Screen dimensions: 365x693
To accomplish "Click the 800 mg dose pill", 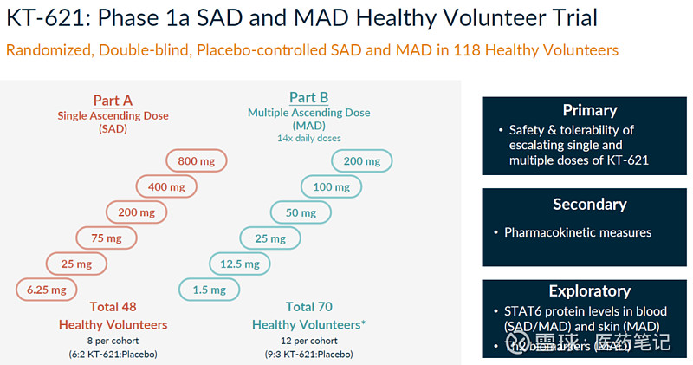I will pyautogui.click(x=197, y=161).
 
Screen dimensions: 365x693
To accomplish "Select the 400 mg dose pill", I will pyautogui.click(x=166, y=186).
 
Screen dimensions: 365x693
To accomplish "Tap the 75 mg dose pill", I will pyautogui.click(x=107, y=238).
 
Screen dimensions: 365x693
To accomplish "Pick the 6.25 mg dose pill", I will pyautogui.click(x=47, y=290).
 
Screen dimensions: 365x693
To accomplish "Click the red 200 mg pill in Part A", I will pyautogui.click(x=136, y=212).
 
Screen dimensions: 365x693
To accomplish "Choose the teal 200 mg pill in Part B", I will pyautogui.click(x=361, y=161).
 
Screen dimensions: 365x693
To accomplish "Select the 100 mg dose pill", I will pyautogui.click(x=331, y=186).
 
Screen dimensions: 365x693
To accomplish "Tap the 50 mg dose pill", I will pyautogui.click(x=301, y=212).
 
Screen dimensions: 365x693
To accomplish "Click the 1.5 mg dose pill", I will pyautogui.click(x=209, y=290).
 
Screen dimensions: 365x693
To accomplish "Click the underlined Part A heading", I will pyautogui.click(x=113, y=100).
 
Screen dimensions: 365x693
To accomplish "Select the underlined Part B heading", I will pyautogui.click(x=308, y=97).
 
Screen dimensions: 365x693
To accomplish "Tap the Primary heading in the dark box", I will pyautogui.click(x=589, y=110).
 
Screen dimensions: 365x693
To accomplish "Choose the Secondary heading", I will pyautogui.click(x=589, y=205).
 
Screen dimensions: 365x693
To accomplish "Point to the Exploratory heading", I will pyautogui.click(x=589, y=291).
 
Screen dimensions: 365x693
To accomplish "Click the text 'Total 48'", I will pyautogui.click(x=113, y=307).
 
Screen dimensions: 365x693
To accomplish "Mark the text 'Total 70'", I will pyautogui.click(x=309, y=307).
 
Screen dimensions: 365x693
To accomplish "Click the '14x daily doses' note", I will pyautogui.click(x=308, y=138).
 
